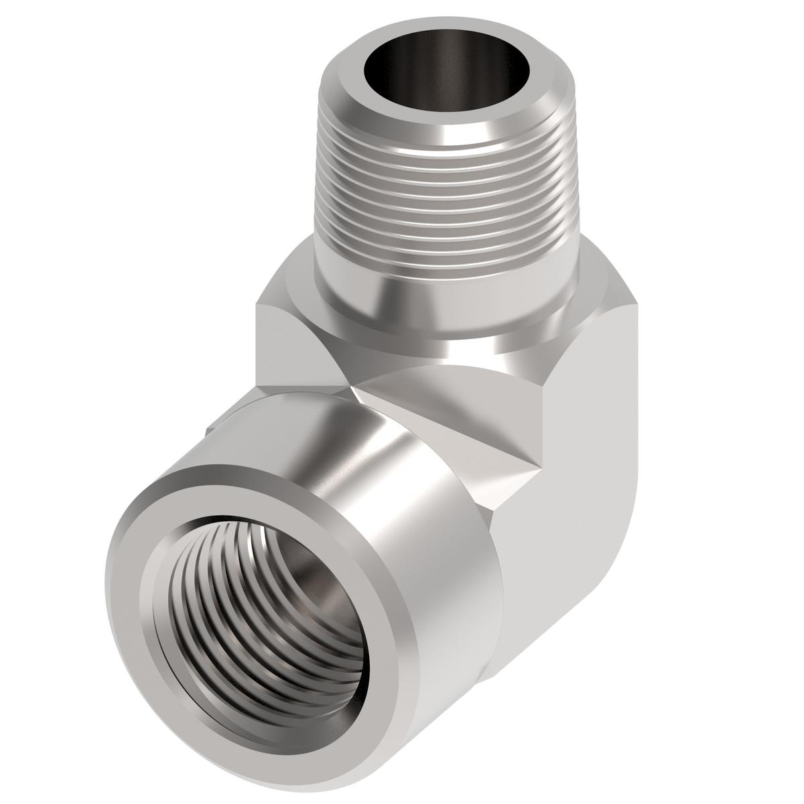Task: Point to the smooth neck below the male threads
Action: coord(435,301)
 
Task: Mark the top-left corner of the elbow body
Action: coord(258,305)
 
